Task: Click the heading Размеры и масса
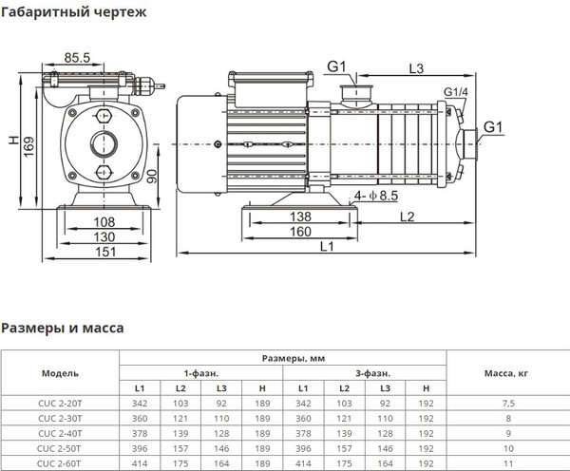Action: pos(62,329)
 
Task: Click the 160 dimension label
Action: pos(299,231)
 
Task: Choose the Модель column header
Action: pos(59,373)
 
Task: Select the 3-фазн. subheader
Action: pos(362,373)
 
